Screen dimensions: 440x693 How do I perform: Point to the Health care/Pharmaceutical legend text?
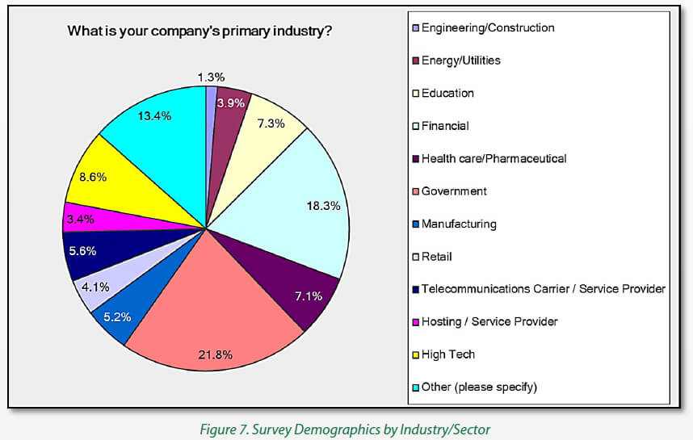click(493, 158)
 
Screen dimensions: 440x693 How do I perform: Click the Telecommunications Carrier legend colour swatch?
click(415, 289)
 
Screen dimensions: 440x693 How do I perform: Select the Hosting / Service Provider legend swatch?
click(415, 322)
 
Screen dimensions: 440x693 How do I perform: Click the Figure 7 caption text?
click(345, 428)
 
